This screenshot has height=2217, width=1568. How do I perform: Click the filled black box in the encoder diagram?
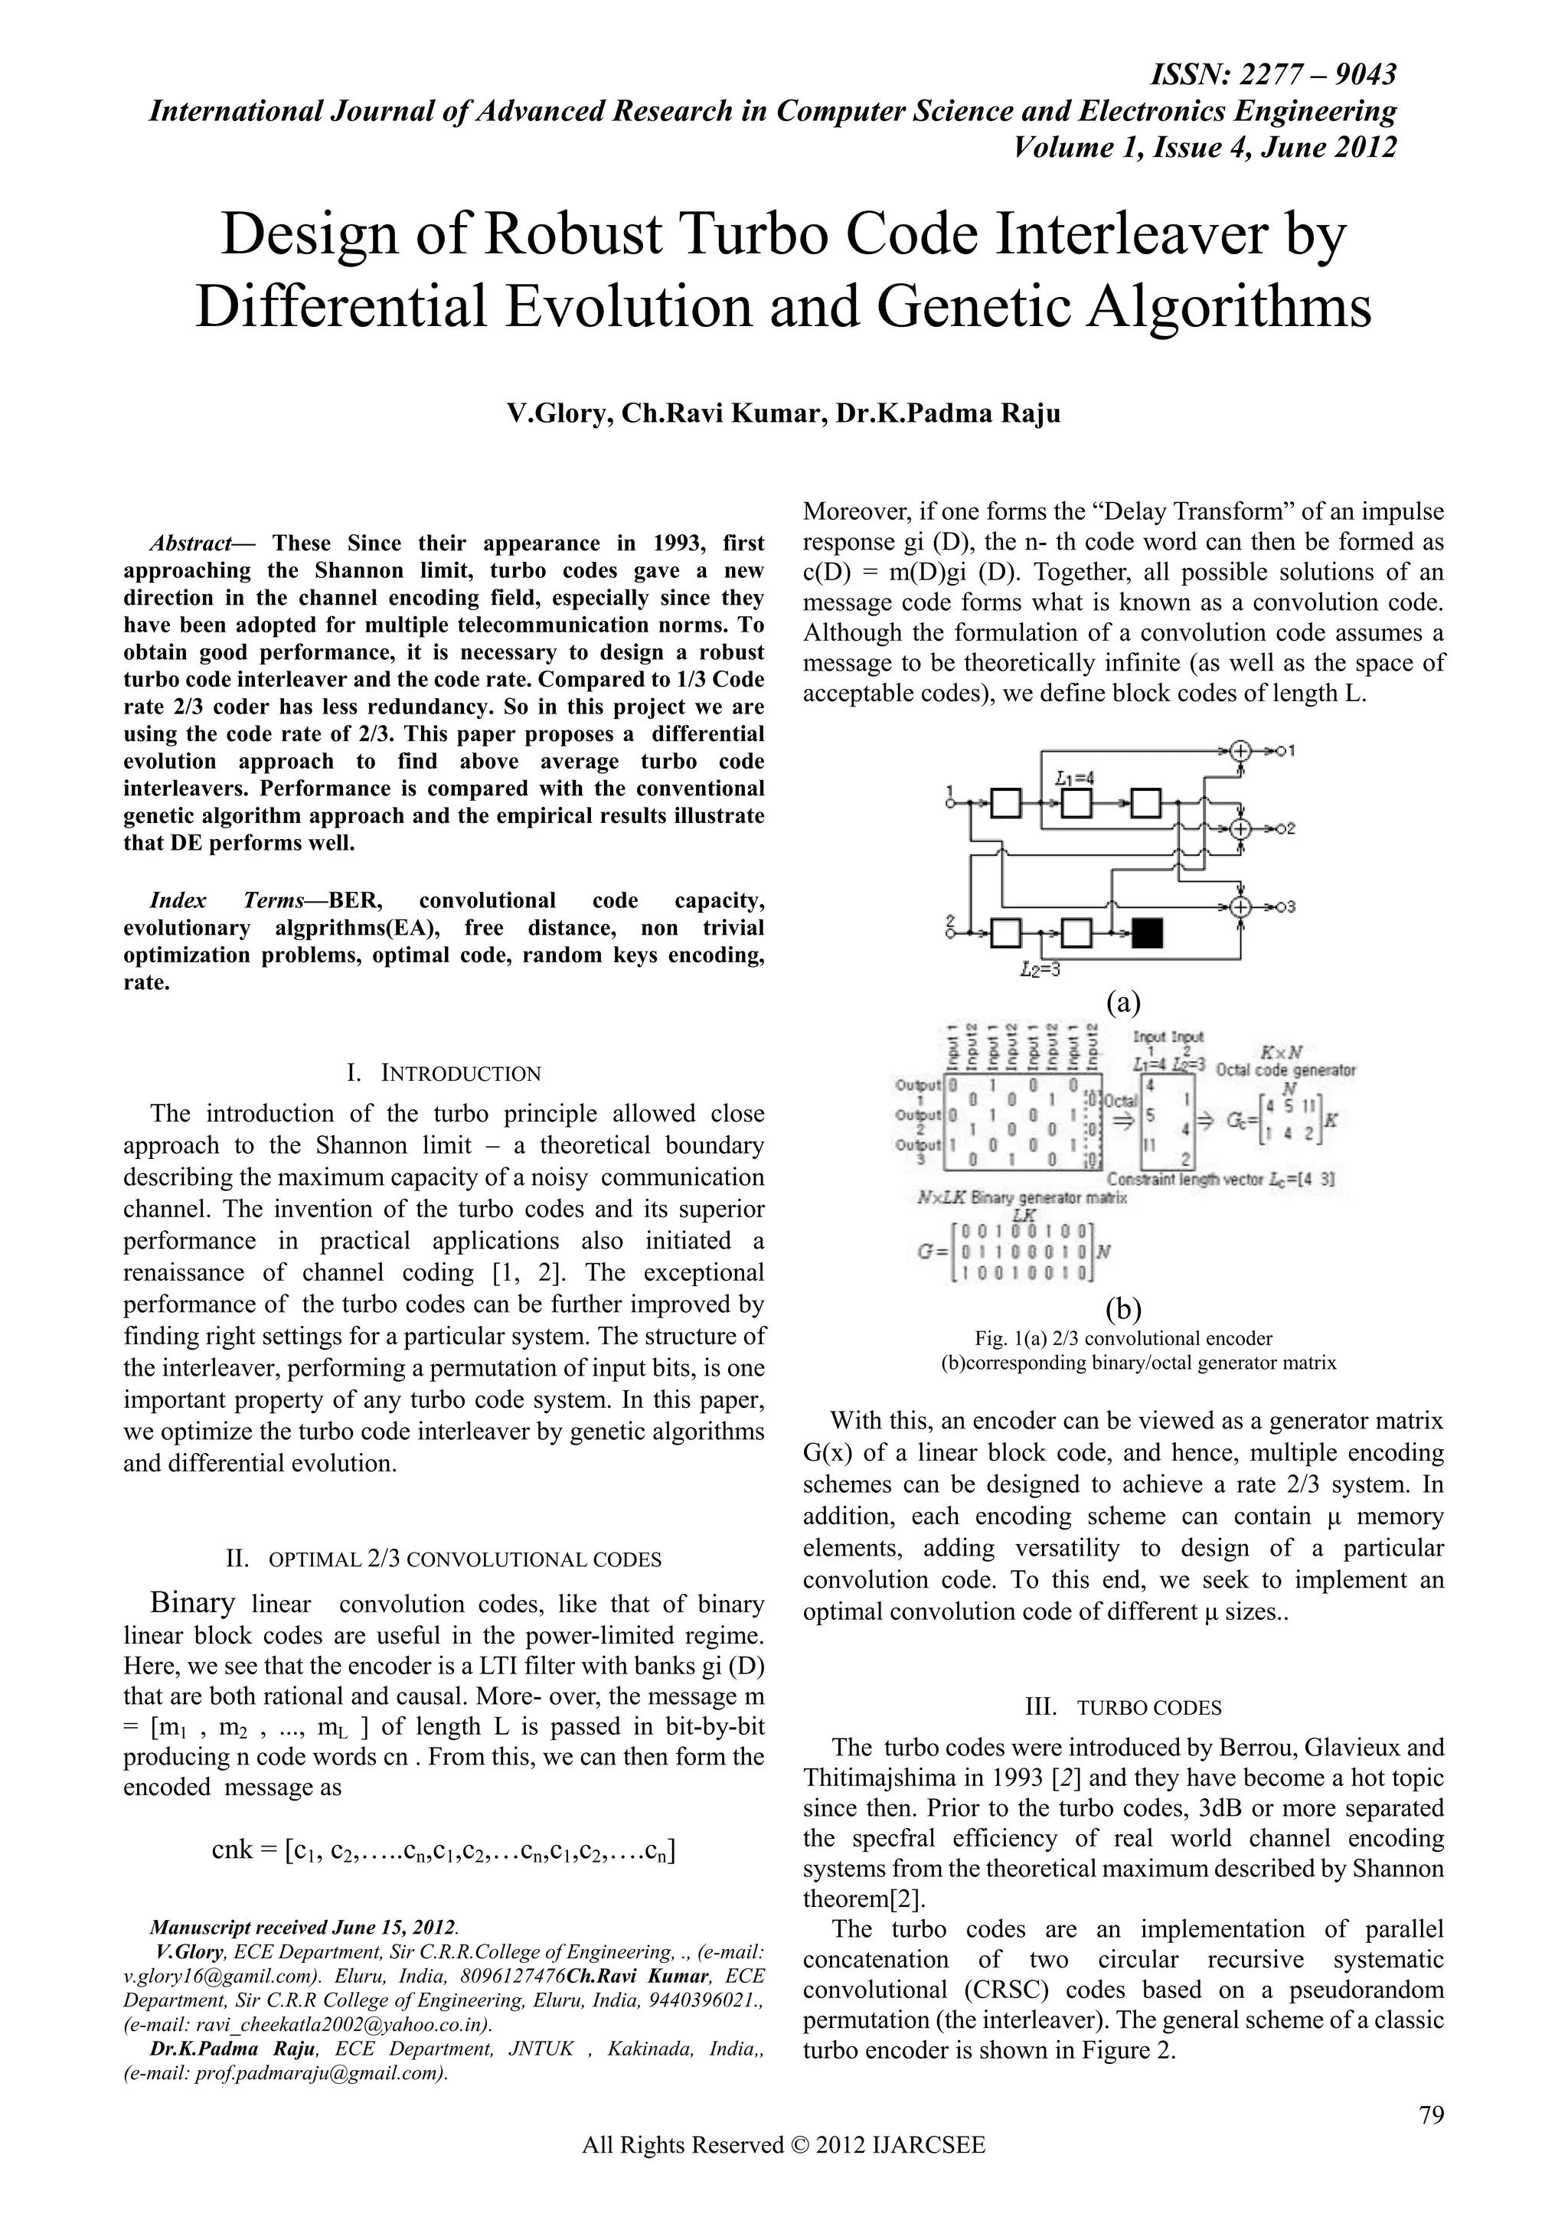1147,932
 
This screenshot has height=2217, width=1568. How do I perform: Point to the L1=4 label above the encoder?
1075,776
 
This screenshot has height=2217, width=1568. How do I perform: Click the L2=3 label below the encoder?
1040,971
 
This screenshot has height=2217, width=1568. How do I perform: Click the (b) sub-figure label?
1123,1308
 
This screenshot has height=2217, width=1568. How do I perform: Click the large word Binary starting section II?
193,1603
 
